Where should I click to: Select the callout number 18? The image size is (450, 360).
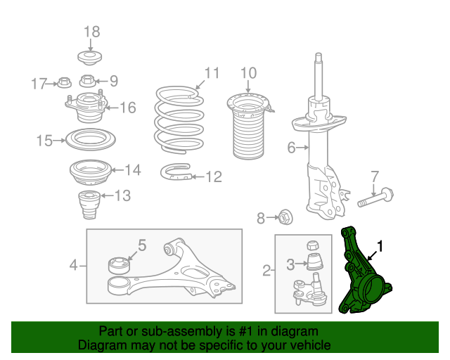pyautogui.click(x=92, y=32)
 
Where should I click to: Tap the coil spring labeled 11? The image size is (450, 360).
pyautogui.click(x=179, y=120)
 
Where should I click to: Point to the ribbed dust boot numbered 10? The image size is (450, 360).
pyautogui.click(x=249, y=127)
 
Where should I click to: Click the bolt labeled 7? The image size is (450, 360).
pyautogui.click(x=375, y=198)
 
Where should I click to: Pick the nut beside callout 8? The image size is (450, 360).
pyautogui.click(x=285, y=217)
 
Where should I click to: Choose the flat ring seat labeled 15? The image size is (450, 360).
pyautogui.click(x=91, y=139)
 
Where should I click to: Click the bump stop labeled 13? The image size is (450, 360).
pyautogui.click(x=89, y=205)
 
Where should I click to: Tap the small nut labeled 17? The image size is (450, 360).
pyautogui.click(x=64, y=82)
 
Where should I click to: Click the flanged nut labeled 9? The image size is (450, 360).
pyautogui.click(x=87, y=81)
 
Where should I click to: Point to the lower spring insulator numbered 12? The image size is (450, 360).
pyautogui.click(x=176, y=172)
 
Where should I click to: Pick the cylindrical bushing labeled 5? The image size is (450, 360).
pyautogui.click(x=119, y=265)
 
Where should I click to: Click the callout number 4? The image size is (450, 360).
pyautogui.click(x=73, y=264)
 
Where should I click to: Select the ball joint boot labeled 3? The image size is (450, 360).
pyautogui.click(x=315, y=262)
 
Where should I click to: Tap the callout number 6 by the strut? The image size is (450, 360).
pyautogui.click(x=291, y=148)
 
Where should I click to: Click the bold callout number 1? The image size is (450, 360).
pyautogui.click(x=380, y=246)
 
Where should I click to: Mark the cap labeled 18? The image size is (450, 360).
pyautogui.click(x=90, y=58)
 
